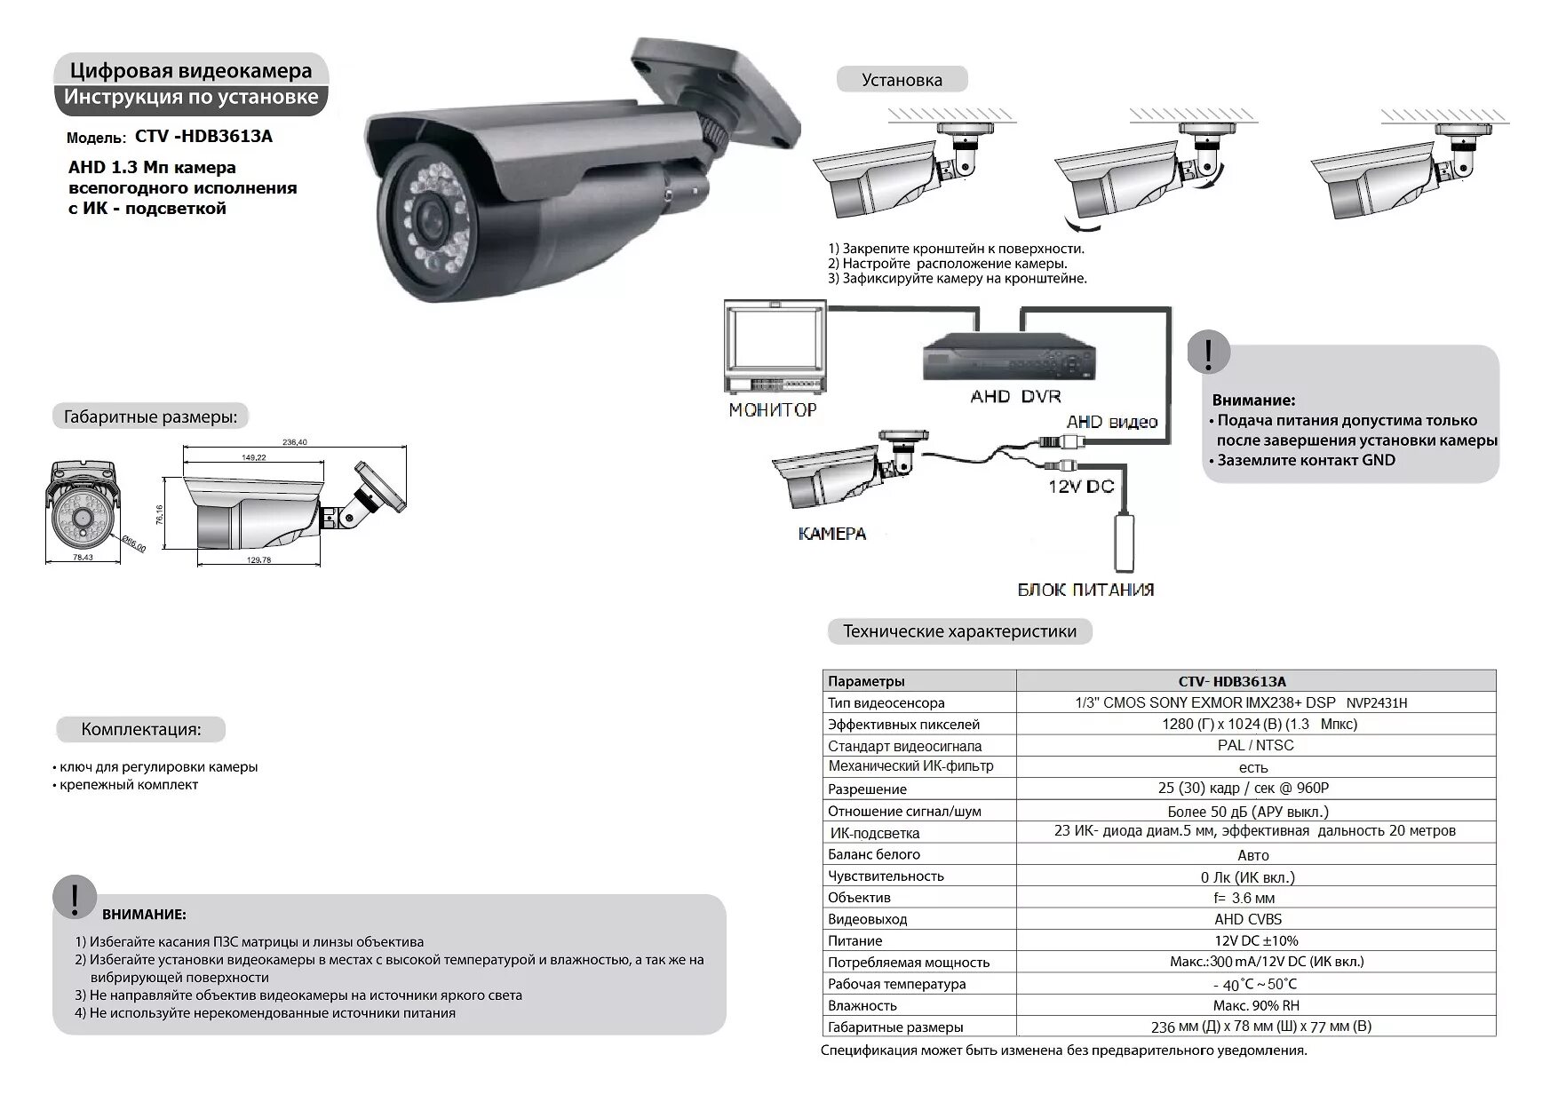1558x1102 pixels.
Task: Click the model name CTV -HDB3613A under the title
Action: point(203,137)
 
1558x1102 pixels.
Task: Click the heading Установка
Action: point(902,80)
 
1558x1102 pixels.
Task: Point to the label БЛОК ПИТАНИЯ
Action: point(1085,590)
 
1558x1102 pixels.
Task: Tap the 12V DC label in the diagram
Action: point(1080,487)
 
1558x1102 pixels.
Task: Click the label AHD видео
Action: point(1112,422)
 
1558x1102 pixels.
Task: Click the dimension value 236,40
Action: point(294,442)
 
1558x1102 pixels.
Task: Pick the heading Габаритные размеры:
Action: point(150,417)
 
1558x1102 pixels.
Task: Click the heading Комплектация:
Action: point(141,730)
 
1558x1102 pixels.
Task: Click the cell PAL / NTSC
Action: point(1255,746)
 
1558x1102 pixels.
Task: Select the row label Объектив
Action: point(859,898)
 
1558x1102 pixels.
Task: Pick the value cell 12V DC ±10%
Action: point(1255,941)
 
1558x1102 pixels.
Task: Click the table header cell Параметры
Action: point(866,682)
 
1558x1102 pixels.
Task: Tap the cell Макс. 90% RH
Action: point(1255,1006)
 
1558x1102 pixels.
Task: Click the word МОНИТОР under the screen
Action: point(772,410)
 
